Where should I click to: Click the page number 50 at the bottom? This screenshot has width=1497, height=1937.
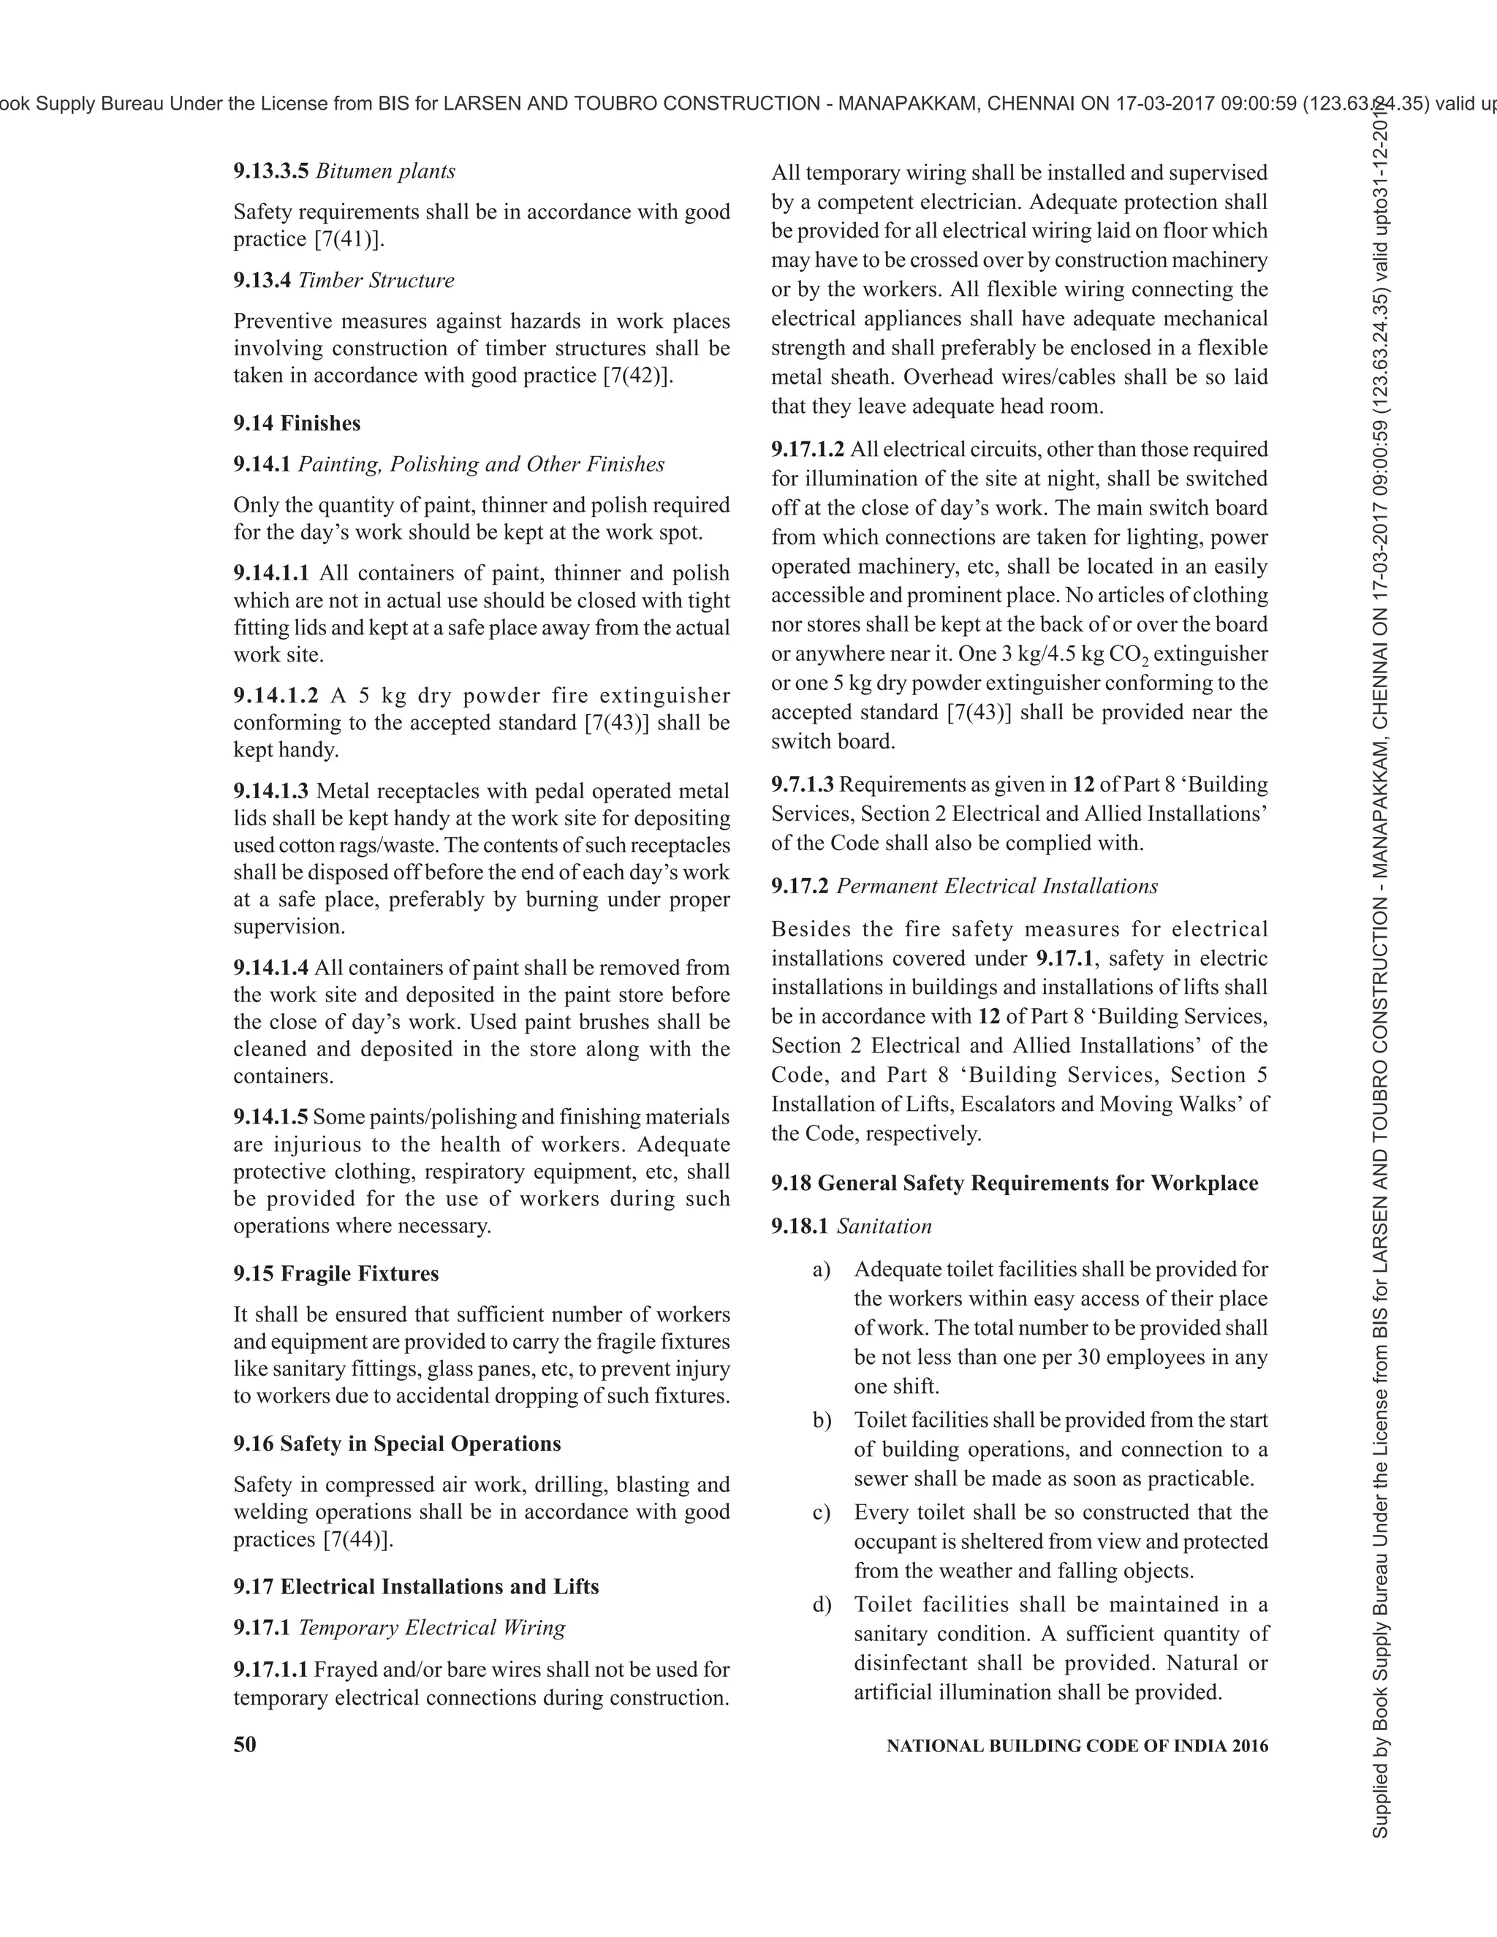point(245,1745)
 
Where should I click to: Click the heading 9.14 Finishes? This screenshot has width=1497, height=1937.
point(297,423)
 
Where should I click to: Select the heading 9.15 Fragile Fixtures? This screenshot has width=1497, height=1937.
point(336,1273)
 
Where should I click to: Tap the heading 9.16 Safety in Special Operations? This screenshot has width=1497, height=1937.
point(398,1444)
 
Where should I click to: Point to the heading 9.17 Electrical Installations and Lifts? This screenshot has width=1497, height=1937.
point(416,1587)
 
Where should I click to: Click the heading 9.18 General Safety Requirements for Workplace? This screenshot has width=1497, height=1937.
point(1015,1183)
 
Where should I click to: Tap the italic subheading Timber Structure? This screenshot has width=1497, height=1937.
point(376,280)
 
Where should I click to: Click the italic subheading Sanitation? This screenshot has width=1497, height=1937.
point(884,1227)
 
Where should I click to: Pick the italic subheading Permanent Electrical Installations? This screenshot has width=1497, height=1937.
point(997,886)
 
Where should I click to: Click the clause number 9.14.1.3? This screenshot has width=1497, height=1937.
point(271,791)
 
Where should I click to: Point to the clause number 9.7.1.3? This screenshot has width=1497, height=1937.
point(803,785)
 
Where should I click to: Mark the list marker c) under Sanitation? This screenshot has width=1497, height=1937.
point(821,1512)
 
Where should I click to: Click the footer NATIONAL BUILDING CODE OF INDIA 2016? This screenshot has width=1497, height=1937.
point(1077,1746)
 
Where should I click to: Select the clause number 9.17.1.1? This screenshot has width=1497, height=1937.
point(271,1670)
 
